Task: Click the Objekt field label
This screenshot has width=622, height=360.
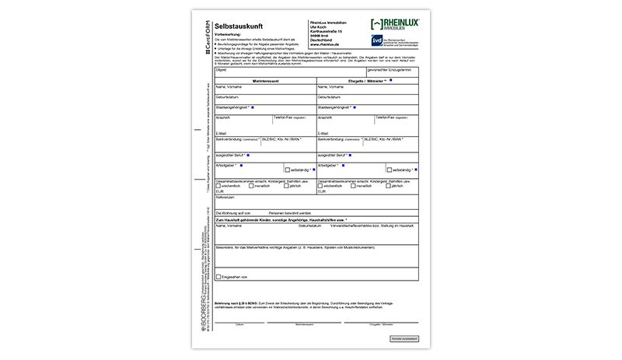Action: (221, 70)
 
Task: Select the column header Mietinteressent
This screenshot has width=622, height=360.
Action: (264, 81)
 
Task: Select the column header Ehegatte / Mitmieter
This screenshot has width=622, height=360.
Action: (366, 81)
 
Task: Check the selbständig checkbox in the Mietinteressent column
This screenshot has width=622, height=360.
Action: (288, 170)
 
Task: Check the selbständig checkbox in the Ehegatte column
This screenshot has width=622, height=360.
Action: (390, 170)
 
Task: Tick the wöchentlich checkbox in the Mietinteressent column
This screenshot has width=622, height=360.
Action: (218, 186)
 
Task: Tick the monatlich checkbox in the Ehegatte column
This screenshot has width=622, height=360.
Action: (354, 186)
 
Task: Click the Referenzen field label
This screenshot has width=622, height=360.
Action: (225, 197)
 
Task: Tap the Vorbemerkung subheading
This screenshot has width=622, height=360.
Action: (231, 35)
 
